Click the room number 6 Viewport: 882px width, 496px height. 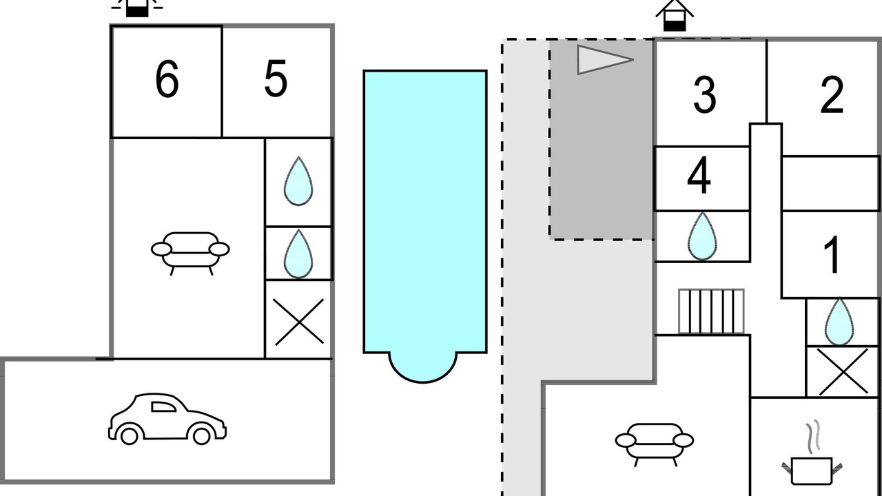pyautogui.click(x=167, y=79)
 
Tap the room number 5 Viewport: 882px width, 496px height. pyautogui.click(x=276, y=79)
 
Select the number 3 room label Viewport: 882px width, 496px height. pyautogui.click(x=704, y=95)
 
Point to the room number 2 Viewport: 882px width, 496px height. pyautogui.click(x=832, y=95)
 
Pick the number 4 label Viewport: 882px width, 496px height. pyautogui.click(x=699, y=176)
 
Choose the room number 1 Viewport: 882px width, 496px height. pyautogui.click(x=832, y=254)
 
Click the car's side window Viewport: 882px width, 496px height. pyautogui.click(x=163, y=406)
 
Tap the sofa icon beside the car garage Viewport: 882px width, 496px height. pyautogui.click(x=190, y=252)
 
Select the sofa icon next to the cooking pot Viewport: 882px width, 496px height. pyautogui.click(x=655, y=444)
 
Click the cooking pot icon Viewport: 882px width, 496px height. pyautogui.click(x=812, y=471)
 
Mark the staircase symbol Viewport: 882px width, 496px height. pyautogui.click(x=711, y=311)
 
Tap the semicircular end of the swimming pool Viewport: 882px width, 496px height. pyautogui.click(x=423, y=367)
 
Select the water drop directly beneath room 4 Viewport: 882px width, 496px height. pyautogui.click(x=702, y=236)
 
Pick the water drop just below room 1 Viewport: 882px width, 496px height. pyautogui.click(x=839, y=321)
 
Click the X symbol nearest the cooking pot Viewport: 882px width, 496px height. pyautogui.click(x=843, y=371)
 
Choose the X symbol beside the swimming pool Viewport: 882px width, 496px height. pyautogui.click(x=298, y=322)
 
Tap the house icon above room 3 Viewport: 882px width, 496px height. pyautogui.click(x=675, y=16)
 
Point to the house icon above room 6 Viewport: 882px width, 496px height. pyautogui.click(x=137, y=8)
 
